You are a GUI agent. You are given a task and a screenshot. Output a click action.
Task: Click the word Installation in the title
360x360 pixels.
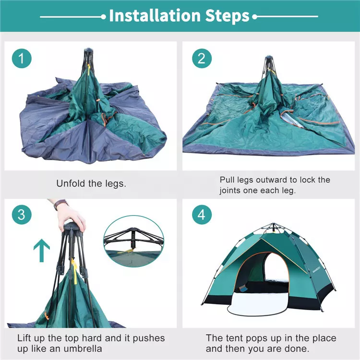coord(155,15)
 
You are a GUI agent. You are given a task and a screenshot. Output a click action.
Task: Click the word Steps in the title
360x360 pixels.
coord(228,16)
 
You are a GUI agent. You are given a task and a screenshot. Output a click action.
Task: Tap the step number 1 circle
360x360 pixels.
coord(22,58)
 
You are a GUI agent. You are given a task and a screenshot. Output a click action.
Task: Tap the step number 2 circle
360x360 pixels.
coord(202,58)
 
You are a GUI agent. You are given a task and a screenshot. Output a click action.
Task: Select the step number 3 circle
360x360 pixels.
coord(22,215)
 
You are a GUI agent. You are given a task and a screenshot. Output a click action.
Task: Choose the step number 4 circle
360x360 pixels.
coord(202,215)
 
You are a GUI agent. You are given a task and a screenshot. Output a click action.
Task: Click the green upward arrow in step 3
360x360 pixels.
coord(42,250)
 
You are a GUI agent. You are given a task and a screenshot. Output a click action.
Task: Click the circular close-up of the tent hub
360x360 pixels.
coord(133,241)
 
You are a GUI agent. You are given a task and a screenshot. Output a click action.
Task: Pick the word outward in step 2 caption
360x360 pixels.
coord(273,180)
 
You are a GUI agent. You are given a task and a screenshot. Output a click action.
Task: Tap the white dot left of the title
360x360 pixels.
coord(104,17)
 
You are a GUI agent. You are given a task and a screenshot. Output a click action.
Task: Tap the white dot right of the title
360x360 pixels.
coord(254,17)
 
